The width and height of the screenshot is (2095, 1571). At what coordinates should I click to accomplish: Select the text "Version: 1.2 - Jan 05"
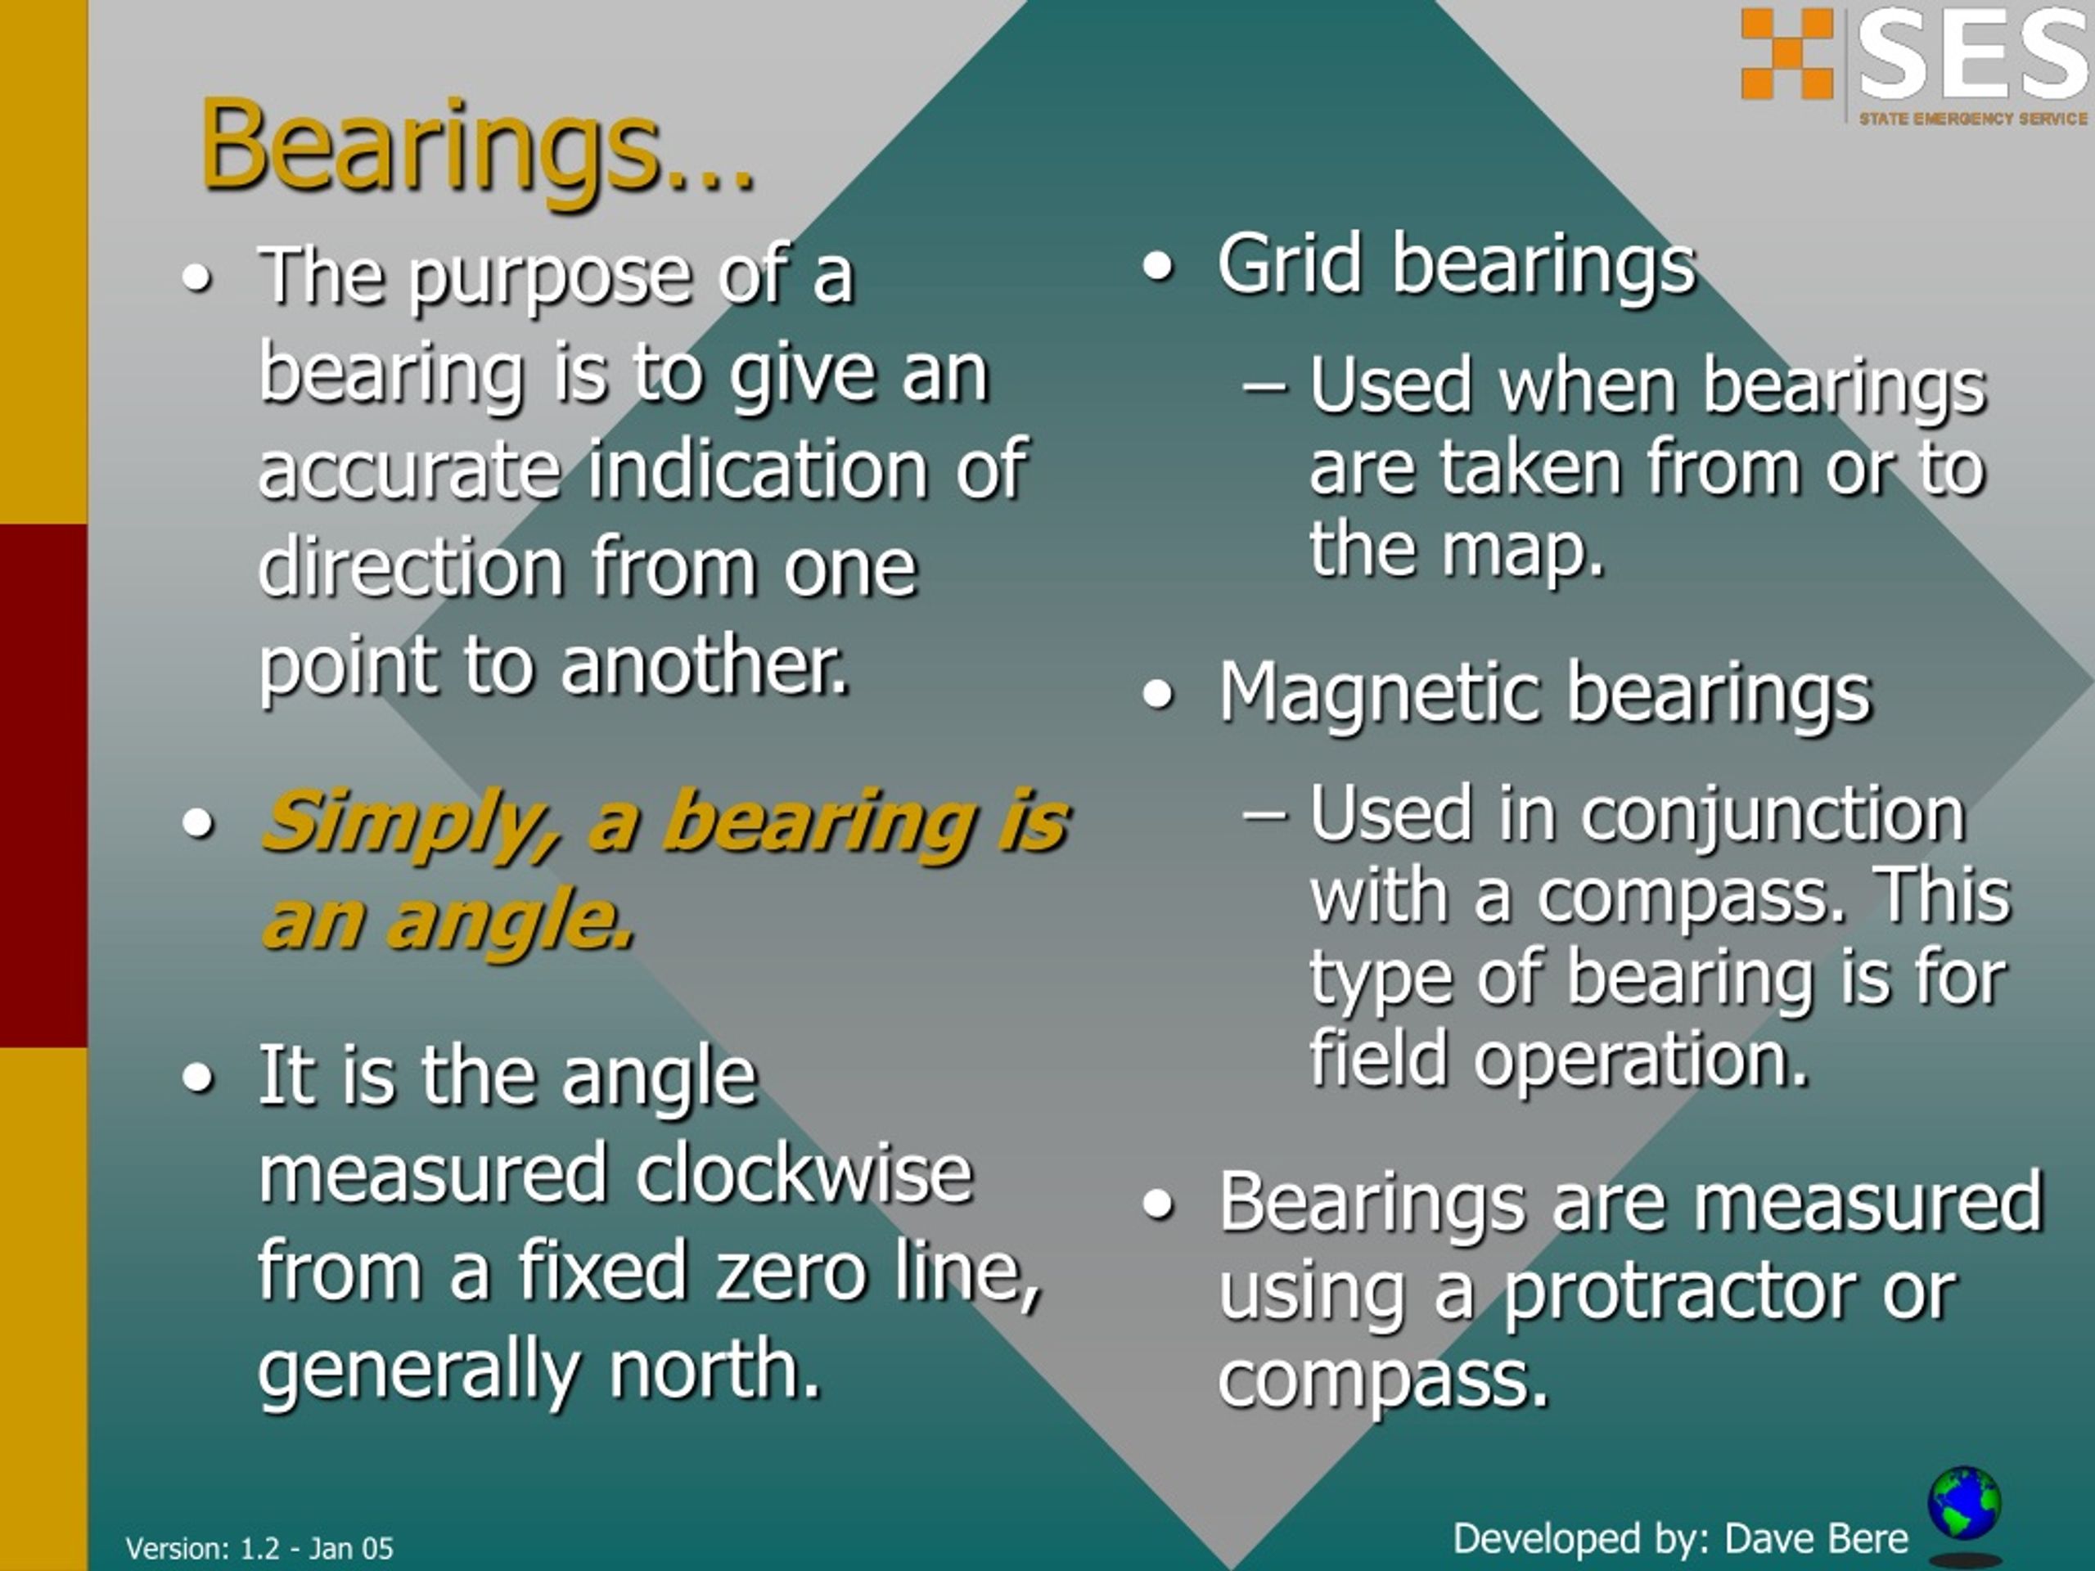coord(259,1548)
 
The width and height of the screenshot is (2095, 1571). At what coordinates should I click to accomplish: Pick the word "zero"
coord(790,1272)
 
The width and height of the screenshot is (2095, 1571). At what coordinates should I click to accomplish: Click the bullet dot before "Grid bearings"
coord(1157,267)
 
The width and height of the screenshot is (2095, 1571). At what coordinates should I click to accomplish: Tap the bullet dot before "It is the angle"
coord(197,1078)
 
